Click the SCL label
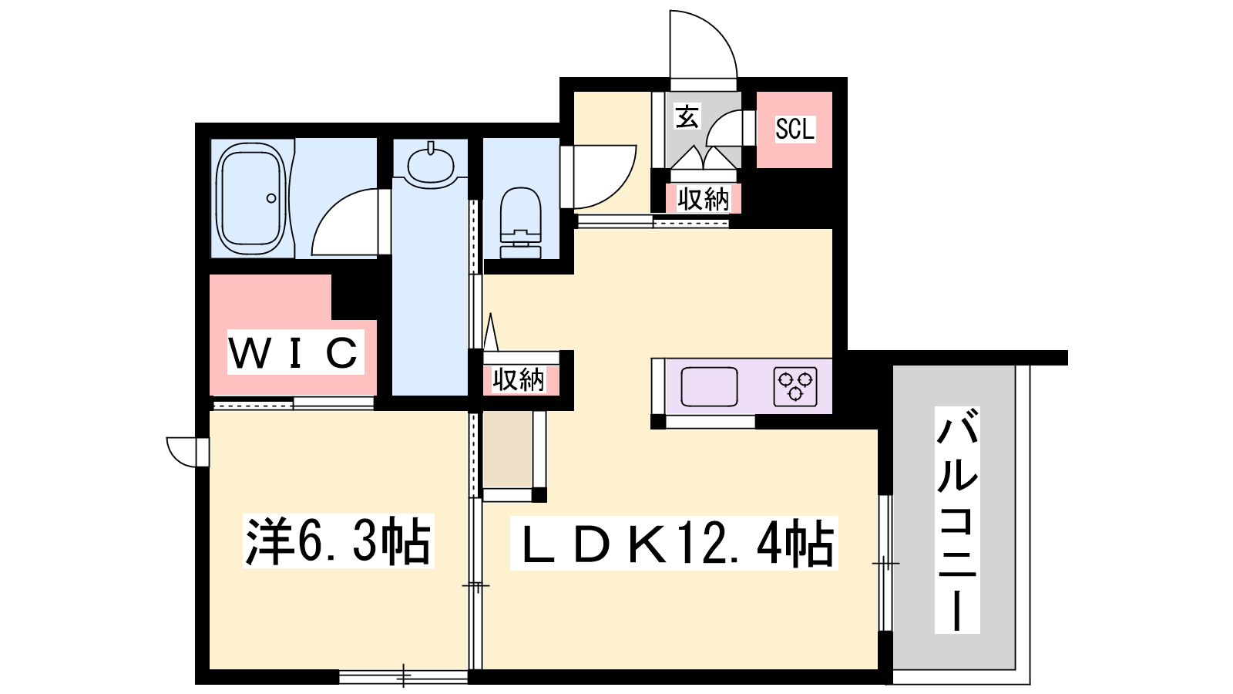[795, 130]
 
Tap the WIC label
[295, 352]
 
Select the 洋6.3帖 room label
[338, 541]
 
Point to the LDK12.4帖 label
[674, 543]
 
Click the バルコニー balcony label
[957, 520]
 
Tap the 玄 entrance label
[687, 116]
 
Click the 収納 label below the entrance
[703, 199]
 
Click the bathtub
[251, 198]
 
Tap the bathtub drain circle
[270, 198]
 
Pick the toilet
[521, 223]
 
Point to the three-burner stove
[795, 386]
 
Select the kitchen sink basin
[709, 386]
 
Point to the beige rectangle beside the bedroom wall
[507, 450]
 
